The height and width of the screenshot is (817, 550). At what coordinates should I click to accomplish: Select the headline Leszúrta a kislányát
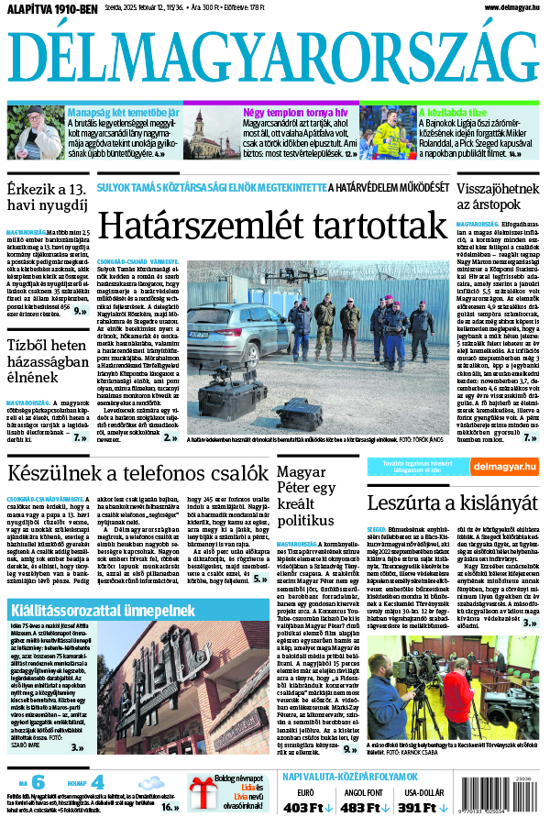[x=452, y=502]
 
